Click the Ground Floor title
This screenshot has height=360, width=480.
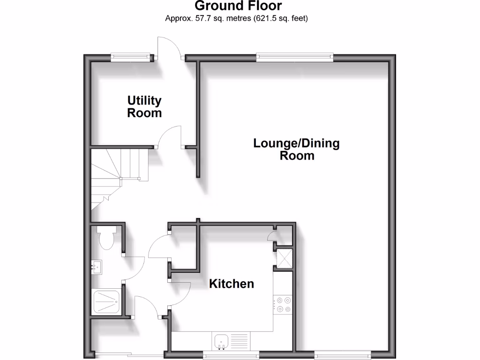[238, 6]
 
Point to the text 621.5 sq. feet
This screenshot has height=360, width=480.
[285, 19]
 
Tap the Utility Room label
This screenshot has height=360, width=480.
[144, 106]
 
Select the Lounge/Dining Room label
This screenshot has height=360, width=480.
[296, 149]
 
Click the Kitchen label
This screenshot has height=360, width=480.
[232, 284]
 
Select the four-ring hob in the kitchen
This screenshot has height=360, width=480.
[283, 304]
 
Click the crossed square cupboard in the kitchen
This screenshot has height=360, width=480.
[284, 258]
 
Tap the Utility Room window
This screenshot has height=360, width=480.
[132, 58]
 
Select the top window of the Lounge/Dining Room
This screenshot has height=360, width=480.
[295, 58]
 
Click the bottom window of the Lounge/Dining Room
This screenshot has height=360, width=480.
[342, 355]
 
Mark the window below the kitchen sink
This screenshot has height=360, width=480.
[231, 355]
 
